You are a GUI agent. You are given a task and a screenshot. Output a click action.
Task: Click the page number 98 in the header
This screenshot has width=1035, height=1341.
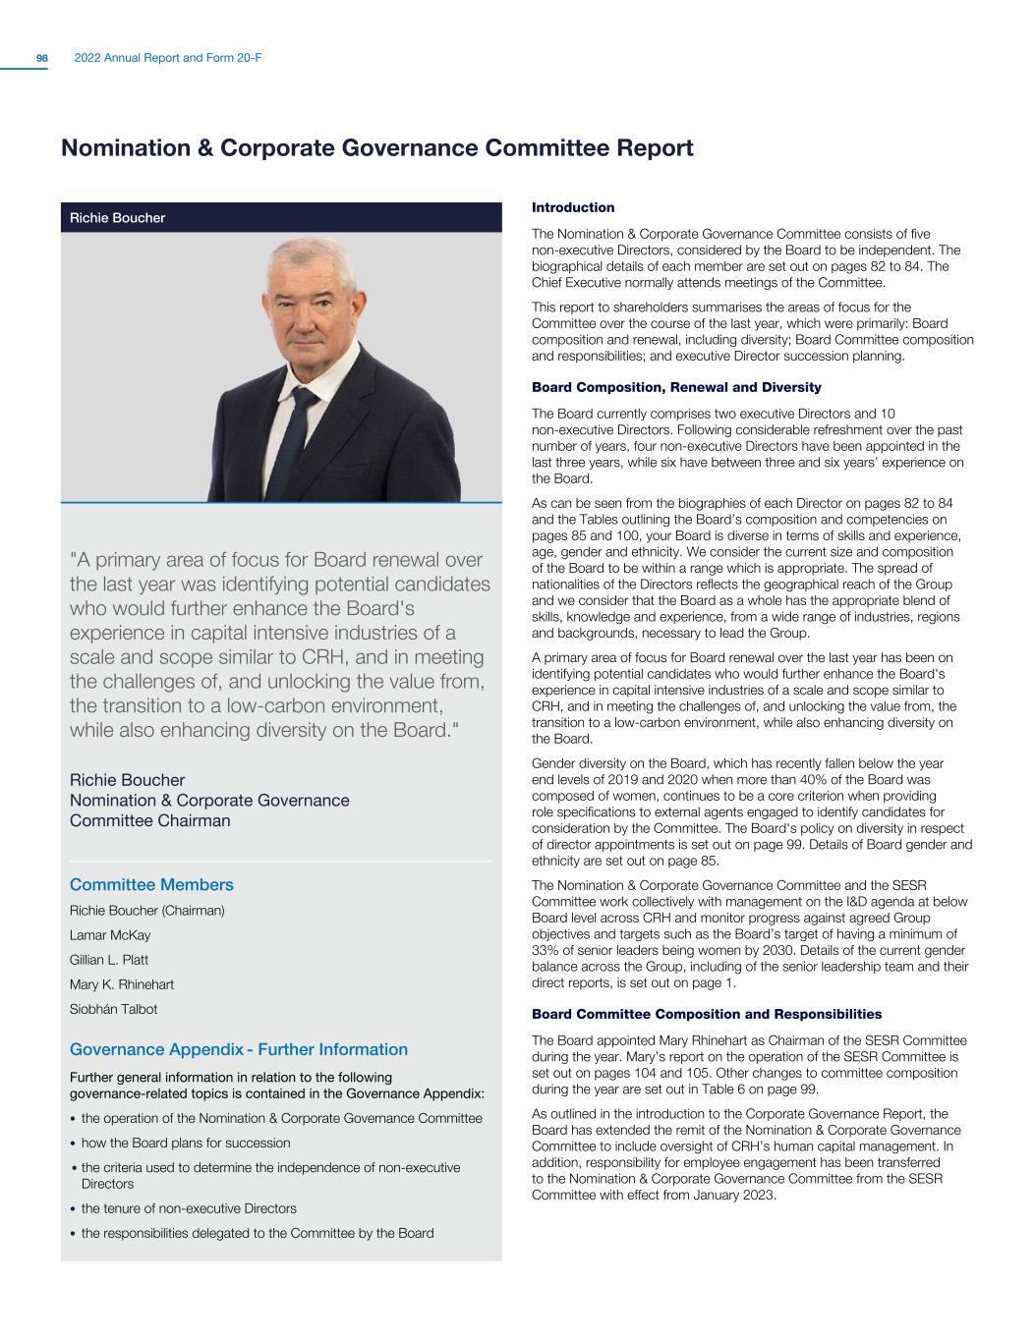[42, 59]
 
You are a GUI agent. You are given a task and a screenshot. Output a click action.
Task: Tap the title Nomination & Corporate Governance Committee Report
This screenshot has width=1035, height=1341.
[377, 148]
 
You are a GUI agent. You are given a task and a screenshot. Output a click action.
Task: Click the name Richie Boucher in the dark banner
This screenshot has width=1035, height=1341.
[117, 218]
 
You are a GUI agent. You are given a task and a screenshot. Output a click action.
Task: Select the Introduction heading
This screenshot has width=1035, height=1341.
[573, 207]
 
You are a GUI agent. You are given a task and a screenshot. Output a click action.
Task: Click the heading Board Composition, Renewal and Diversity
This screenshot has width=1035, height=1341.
[676, 387]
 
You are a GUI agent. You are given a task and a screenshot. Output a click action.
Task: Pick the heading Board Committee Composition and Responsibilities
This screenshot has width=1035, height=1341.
[706, 1014]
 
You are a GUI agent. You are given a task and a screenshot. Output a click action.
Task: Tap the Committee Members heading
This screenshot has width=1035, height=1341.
[151, 885]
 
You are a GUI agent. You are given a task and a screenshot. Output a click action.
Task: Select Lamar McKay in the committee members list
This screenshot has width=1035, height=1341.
[110, 935]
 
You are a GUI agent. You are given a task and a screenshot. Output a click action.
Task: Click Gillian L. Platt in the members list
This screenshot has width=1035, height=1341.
[109, 960]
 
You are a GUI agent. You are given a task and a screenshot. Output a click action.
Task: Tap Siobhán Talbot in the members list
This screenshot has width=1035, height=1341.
[113, 1009]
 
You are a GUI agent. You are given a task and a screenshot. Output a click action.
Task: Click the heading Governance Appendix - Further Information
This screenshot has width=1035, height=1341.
[239, 1049]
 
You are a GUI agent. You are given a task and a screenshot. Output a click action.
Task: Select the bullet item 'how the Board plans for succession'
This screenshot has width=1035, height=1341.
[186, 1143]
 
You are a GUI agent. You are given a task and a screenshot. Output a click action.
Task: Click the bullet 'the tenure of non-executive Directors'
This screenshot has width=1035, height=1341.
[189, 1208]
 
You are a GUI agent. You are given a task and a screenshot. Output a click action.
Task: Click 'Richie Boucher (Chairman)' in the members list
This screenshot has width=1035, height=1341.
[147, 911]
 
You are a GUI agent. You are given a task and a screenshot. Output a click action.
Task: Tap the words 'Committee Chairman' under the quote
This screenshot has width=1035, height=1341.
[150, 821]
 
